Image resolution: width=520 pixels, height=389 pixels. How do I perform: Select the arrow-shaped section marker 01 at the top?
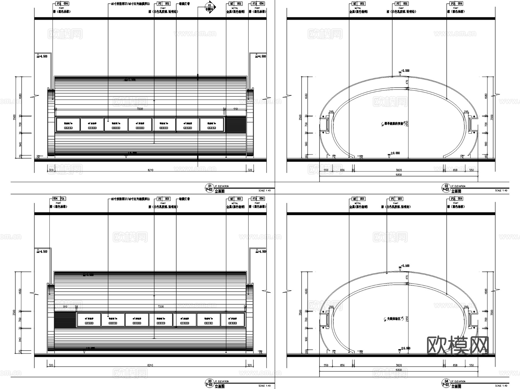(210, 7)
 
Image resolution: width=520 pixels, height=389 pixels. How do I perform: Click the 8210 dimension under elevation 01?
(150, 170)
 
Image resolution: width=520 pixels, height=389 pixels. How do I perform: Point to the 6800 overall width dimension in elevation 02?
(399, 174)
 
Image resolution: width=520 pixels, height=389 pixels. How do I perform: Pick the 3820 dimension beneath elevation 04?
(399, 365)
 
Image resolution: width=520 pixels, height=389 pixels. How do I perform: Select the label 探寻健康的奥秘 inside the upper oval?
(393, 124)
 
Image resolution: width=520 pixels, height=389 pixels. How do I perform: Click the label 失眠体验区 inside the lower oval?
(393, 319)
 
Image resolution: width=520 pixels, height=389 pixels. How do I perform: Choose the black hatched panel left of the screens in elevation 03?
(65, 320)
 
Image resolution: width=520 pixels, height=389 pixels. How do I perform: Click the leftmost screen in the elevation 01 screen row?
(68, 125)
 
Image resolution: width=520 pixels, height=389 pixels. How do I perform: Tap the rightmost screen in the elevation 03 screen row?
(233, 320)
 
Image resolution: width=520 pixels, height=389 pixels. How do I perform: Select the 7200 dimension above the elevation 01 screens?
(140, 109)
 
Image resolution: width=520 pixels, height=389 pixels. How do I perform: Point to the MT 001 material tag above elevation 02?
(359, 4)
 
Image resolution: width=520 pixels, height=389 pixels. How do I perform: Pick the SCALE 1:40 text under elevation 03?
(265, 386)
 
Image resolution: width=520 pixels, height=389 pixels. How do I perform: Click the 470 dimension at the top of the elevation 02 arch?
(407, 82)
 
